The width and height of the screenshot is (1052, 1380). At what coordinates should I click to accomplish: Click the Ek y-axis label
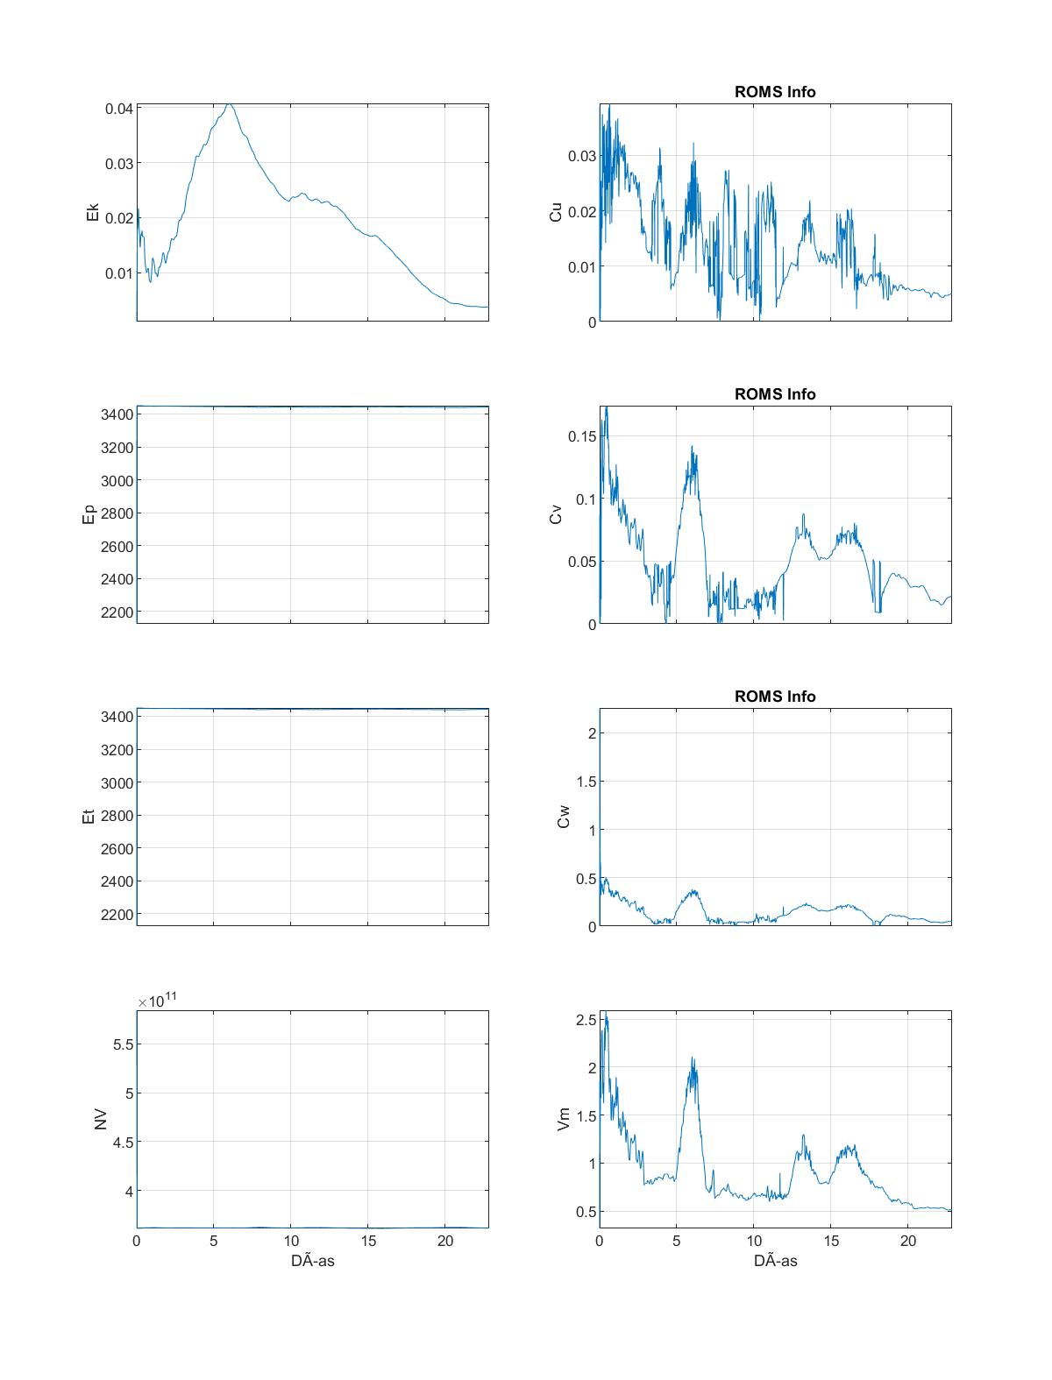coord(93,212)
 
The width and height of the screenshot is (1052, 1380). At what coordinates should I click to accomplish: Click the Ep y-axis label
coord(89,514)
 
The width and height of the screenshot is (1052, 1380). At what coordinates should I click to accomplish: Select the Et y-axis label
coord(89,817)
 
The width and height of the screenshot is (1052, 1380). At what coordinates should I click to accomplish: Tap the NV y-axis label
coord(100,1119)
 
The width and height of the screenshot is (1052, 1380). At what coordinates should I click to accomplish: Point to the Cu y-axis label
coord(556,212)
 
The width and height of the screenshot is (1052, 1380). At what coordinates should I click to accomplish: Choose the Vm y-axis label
coord(564,1119)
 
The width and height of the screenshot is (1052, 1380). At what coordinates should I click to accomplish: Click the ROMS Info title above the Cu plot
coord(775,92)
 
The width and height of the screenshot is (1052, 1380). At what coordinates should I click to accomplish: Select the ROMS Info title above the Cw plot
coord(775,697)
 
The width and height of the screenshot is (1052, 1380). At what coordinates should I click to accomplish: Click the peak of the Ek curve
coord(229,104)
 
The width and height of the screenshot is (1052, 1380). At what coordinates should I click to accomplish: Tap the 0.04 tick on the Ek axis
coord(119,109)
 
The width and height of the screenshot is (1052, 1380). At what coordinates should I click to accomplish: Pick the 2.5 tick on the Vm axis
coord(586,1020)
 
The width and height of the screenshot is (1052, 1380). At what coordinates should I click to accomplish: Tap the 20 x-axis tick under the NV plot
coord(444,1242)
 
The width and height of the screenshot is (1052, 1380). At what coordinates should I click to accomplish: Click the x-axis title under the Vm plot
coord(775,1261)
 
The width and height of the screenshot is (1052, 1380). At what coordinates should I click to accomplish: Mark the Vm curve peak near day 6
coord(693,1058)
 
